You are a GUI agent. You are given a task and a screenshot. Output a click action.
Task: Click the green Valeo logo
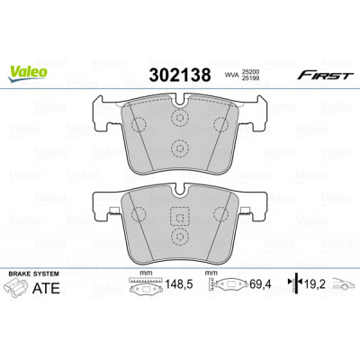(27, 74)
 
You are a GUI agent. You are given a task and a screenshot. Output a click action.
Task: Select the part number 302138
(180, 75)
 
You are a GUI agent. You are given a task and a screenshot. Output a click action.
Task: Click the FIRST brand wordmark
(324, 76)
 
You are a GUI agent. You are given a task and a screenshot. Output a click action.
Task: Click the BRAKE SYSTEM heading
(34, 274)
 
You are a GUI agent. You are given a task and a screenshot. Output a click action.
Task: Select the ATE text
(46, 288)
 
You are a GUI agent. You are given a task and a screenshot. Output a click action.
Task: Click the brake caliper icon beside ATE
(17, 288)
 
